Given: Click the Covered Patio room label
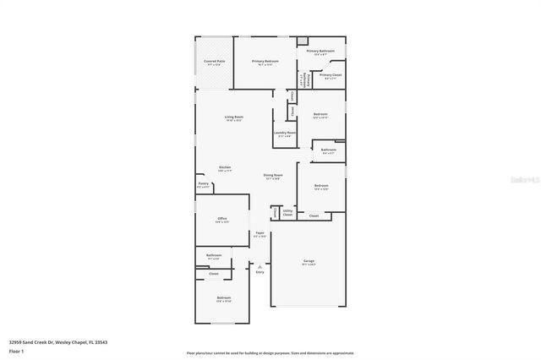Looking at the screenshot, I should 214,62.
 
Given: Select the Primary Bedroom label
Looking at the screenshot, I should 265,62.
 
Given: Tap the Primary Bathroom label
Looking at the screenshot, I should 320,52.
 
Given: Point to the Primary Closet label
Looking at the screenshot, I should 331,75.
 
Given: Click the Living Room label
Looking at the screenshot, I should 233,117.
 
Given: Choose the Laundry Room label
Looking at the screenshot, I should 284,133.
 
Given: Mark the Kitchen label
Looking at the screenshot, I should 225,167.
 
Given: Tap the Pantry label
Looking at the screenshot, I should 203,184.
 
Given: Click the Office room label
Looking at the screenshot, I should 221,219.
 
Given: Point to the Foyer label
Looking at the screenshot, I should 260,234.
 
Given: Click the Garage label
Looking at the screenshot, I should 309,261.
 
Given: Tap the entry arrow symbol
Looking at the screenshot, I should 260,265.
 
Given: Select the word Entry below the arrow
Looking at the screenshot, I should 260,272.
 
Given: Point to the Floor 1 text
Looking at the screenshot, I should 16,350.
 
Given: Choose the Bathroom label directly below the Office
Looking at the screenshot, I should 214,254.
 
